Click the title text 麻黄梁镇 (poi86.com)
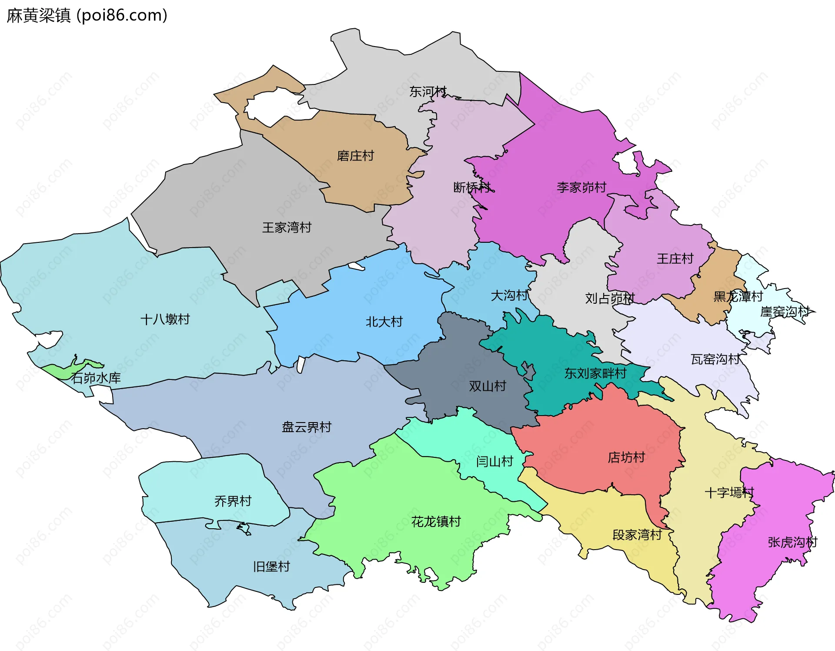click(87, 16)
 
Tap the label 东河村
click(428, 92)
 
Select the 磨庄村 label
click(355, 156)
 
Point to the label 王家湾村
click(287, 228)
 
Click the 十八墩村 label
click(165, 319)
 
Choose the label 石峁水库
click(96, 378)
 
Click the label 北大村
click(384, 322)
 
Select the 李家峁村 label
click(581, 188)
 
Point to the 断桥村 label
click(472, 188)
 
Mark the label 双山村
click(488, 386)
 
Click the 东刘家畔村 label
click(595, 373)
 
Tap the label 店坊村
click(626, 457)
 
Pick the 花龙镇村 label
click(436, 521)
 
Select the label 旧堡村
click(271, 567)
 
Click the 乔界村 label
click(233, 501)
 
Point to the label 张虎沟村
click(792, 542)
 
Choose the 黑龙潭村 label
click(738, 297)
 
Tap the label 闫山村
click(494, 461)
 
